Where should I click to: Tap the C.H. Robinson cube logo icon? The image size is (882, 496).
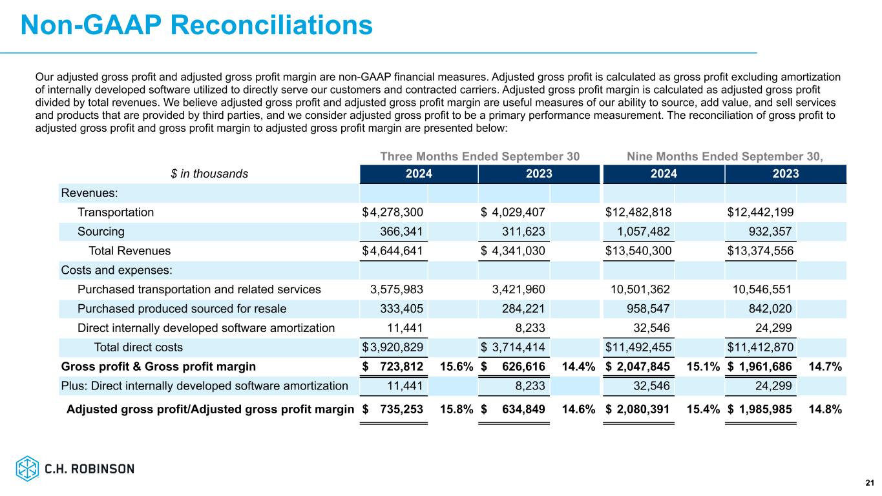(x=27, y=469)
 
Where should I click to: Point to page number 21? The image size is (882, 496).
(x=869, y=482)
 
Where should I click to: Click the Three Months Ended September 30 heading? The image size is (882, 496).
(x=479, y=156)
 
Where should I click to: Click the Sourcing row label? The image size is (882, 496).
(x=101, y=231)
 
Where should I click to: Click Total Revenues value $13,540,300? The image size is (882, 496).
(x=638, y=251)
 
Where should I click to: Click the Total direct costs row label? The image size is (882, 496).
(x=138, y=347)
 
